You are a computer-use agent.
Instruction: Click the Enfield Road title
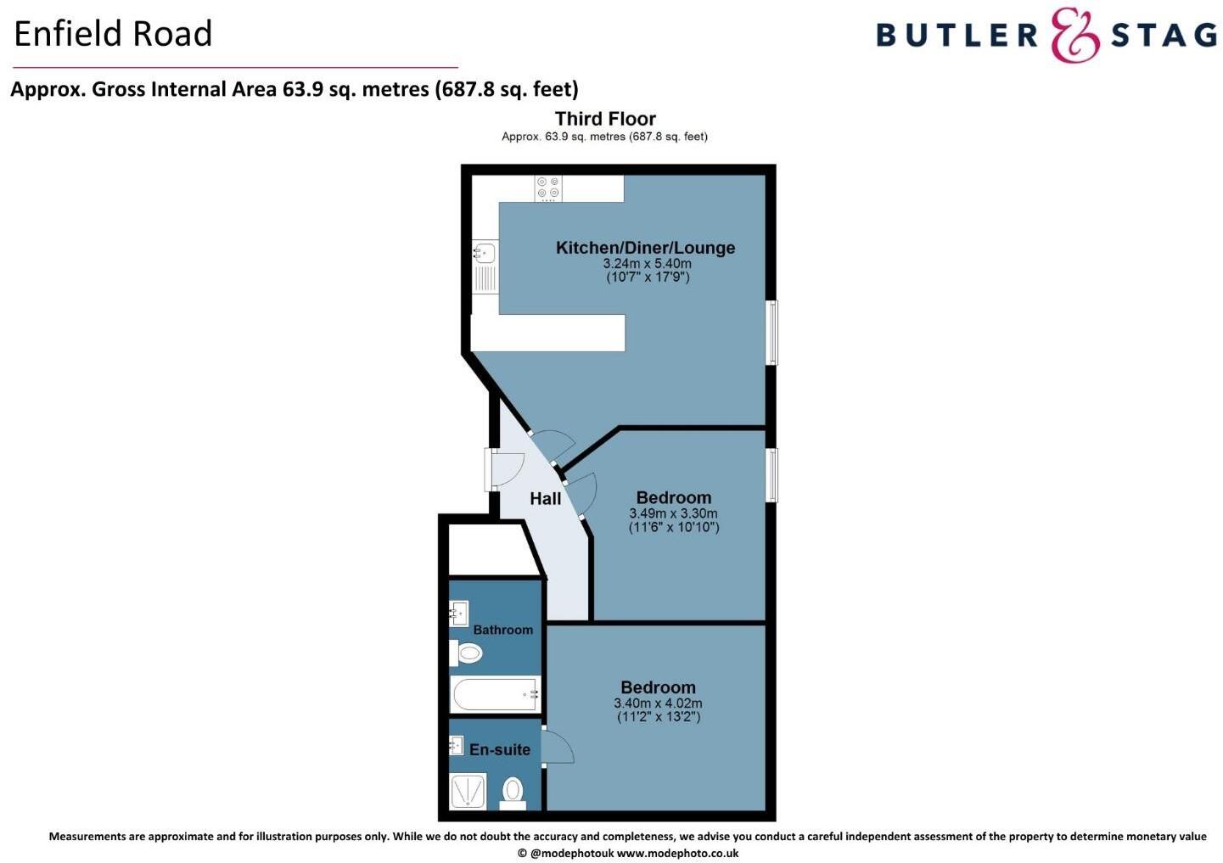click(x=113, y=34)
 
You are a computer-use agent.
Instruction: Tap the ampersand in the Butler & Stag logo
click(x=1075, y=35)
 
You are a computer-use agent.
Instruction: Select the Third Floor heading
click(x=605, y=119)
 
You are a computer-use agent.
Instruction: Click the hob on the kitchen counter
click(x=548, y=188)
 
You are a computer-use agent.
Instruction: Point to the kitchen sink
click(x=485, y=253)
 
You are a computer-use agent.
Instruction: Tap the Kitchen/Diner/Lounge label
click(x=645, y=248)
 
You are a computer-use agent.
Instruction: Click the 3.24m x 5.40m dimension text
click(x=647, y=263)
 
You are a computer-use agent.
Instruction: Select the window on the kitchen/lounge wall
click(x=771, y=333)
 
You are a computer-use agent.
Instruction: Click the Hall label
click(x=546, y=498)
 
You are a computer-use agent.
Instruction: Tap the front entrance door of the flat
click(x=506, y=468)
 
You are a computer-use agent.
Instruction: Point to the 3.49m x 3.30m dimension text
click(x=673, y=513)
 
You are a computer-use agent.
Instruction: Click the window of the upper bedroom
click(x=771, y=474)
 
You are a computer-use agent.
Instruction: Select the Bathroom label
click(x=503, y=630)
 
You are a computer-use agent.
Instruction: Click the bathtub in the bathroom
click(x=495, y=694)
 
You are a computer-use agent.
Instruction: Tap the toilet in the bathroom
click(x=467, y=653)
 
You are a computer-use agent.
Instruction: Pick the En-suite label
click(x=500, y=749)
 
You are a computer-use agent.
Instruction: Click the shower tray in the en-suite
click(x=468, y=791)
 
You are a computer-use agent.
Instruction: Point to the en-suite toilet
click(x=513, y=791)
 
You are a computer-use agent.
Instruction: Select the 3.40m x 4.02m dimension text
click(x=658, y=703)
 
